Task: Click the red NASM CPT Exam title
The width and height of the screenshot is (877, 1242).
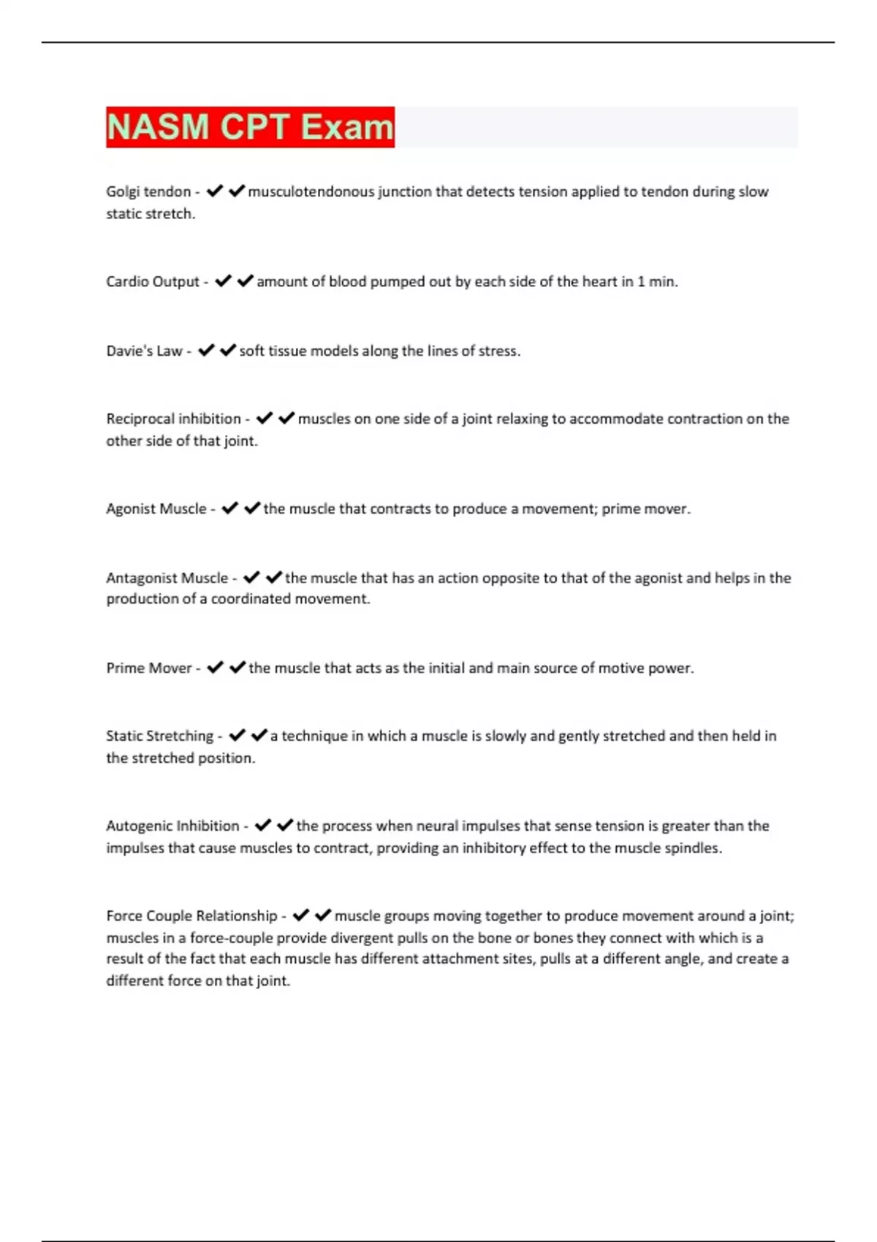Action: click(x=250, y=127)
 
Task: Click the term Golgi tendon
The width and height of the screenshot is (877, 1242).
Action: click(x=148, y=191)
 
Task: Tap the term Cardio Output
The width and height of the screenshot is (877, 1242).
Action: click(x=153, y=281)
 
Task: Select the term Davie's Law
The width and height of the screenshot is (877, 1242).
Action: click(x=144, y=351)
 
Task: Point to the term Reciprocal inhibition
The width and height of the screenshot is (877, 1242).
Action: click(x=173, y=419)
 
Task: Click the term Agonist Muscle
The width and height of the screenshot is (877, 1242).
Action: click(x=156, y=508)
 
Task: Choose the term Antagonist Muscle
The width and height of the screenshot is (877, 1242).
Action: click(x=167, y=578)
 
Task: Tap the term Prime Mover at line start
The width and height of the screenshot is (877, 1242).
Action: click(x=149, y=668)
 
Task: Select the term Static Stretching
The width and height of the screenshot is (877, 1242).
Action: click(x=159, y=736)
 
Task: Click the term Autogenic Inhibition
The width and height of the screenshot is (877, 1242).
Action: click(x=172, y=826)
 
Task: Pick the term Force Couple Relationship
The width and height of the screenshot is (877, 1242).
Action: click(x=191, y=915)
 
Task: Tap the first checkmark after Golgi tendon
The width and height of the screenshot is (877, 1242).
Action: click(x=214, y=191)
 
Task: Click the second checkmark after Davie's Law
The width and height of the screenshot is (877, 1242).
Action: click(x=228, y=351)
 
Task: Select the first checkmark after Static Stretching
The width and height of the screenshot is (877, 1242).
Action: click(x=237, y=736)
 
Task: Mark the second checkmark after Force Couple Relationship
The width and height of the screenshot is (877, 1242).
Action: click(x=323, y=915)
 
